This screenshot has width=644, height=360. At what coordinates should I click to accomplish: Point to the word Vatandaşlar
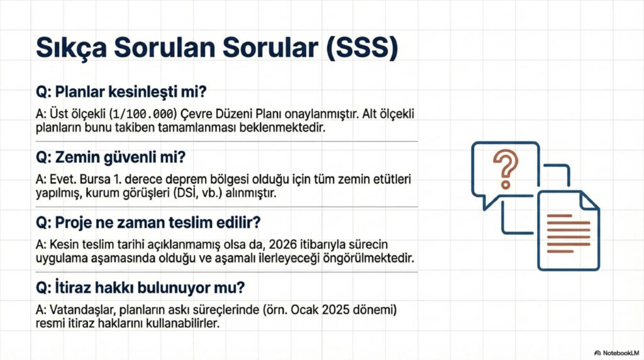75,311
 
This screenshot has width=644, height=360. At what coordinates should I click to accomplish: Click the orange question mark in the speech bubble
506,165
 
